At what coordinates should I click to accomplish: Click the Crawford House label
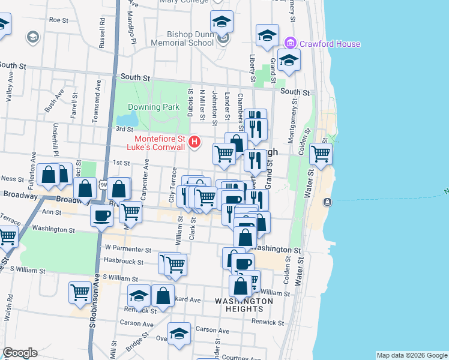coord(330,44)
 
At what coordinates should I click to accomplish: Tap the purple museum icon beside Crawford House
coord(291,43)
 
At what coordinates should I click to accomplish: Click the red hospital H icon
coord(194,142)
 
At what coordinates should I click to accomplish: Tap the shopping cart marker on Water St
coord(321,154)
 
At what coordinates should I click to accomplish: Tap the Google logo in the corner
coord(20,353)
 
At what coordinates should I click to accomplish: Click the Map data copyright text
coord(412,355)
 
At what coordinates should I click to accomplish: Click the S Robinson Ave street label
coord(93,300)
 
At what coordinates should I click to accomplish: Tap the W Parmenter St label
coord(127,247)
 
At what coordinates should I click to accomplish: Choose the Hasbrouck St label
coord(123,262)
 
